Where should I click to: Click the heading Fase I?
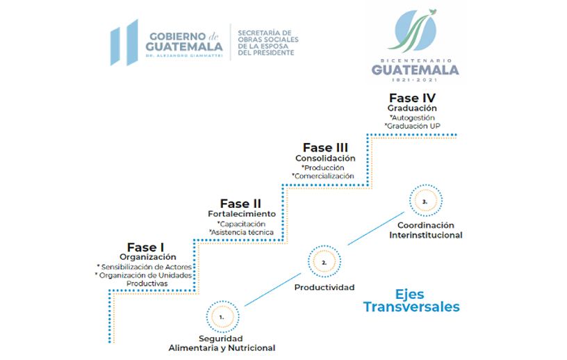[x=145, y=247]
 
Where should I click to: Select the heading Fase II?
[x=240, y=204]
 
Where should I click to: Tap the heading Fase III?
[x=325, y=147]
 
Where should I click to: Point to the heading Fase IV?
[x=412, y=98]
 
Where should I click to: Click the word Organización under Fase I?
[x=148, y=257]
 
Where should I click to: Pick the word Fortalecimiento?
[x=242, y=214]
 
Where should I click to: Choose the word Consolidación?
[x=325, y=158]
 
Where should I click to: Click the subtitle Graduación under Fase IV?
[x=412, y=108]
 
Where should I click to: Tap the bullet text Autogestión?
[x=412, y=117]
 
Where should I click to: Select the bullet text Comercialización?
[x=323, y=177]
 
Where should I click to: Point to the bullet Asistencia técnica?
[x=241, y=232]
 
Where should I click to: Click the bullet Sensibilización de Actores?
[x=145, y=267]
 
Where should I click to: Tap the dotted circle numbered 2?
[x=324, y=245]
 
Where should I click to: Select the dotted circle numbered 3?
[x=426, y=185]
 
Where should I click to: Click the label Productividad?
[x=324, y=287]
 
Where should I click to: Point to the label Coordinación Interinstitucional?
[x=426, y=230]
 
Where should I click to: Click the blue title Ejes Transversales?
[x=411, y=300]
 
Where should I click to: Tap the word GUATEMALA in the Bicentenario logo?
[x=415, y=69]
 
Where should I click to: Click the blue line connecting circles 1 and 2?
[x=272, y=290]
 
